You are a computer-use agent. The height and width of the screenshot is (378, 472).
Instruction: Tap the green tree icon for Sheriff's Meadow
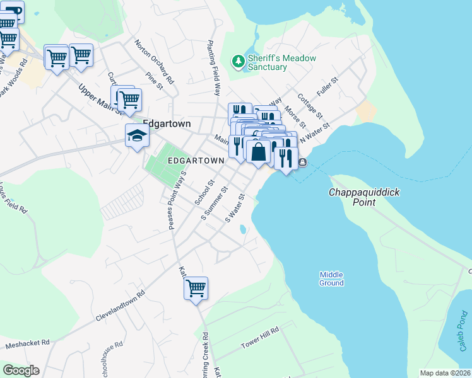(x=239, y=61)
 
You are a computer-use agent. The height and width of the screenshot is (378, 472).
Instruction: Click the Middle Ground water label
(x=331, y=278)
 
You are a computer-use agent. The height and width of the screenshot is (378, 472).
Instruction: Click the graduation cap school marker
(x=137, y=135)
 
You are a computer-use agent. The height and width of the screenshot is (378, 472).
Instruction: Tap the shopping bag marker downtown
(x=259, y=152)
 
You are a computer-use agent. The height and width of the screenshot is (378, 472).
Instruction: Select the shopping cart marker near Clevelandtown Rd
(x=196, y=289)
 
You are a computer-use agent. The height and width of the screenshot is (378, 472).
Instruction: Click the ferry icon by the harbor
(x=303, y=163)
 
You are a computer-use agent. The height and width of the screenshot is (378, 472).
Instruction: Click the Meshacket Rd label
(x=27, y=344)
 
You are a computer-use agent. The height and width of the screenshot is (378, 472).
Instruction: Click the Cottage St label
(x=310, y=106)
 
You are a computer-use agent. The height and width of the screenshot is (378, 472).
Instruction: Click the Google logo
(x=21, y=370)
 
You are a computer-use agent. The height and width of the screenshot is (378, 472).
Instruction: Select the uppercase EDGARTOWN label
(x=196, y=161)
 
